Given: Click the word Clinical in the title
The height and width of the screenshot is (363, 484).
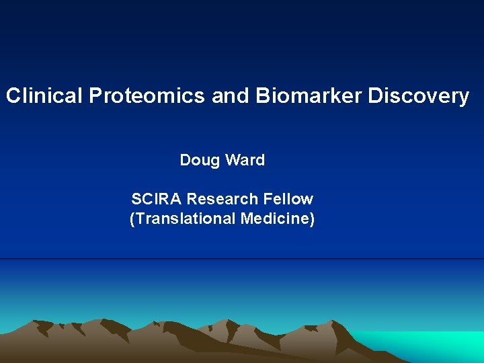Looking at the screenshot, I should coord(44,96).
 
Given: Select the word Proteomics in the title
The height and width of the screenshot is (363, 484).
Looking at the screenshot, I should coord(146,96).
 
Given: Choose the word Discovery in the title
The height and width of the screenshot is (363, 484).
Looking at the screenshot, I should coord(419,96).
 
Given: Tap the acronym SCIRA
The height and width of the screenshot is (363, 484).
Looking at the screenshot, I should coord(157,199).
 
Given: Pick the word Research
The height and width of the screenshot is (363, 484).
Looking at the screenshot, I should coord(222,199).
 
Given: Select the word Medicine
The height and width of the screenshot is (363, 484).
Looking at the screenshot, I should coord(278,218).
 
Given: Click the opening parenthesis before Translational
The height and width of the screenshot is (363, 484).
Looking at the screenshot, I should coord(132,219).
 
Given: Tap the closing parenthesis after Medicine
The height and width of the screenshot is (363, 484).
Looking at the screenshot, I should coord(312,219).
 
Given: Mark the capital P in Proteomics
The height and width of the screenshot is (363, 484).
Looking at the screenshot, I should coord(94,96).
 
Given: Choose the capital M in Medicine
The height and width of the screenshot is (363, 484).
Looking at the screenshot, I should coord(253,218).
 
